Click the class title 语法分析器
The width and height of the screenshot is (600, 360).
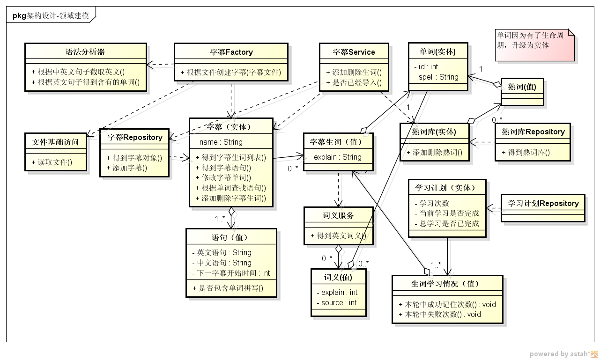pos(85,51)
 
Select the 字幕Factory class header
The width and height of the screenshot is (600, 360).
pos(231,52)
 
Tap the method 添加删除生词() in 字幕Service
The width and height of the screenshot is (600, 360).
pos(354,72)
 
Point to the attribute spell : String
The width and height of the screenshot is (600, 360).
pos(436,77)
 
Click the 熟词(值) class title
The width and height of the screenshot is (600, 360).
pos(522,86)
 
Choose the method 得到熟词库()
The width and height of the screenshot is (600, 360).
pos(526,152)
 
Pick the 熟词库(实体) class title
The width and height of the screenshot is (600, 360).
pos(434,132)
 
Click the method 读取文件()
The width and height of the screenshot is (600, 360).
pos(55,162)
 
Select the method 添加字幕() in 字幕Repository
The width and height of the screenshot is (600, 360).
pos(127,168)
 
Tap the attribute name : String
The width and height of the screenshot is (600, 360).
pos(219,142)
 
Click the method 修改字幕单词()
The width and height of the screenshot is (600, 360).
pos(226,178)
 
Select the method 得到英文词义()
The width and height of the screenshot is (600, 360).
pos(338,235)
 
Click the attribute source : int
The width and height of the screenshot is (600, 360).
pos(336,302)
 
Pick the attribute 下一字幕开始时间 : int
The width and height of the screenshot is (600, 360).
pos(231,273)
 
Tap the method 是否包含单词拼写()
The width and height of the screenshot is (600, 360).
pos(228,288)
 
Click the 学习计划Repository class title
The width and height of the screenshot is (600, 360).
pos(543,203)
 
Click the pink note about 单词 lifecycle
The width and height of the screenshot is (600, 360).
pos(534,45)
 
